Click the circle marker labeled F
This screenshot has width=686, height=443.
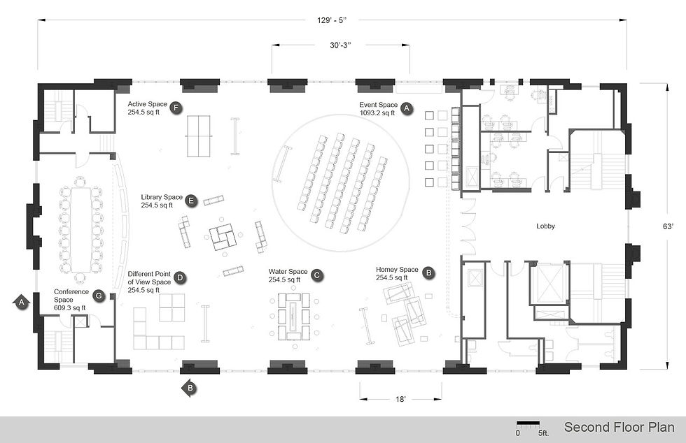176,108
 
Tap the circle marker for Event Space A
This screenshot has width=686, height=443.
407,108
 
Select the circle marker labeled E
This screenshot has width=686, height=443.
190,201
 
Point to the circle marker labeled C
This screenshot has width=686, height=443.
317,275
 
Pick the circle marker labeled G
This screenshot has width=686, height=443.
99,296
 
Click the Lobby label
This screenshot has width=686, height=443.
545,226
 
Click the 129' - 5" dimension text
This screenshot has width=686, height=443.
332,20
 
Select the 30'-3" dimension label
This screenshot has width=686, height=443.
340,45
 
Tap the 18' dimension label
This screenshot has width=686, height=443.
400,399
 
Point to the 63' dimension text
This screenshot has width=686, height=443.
668,226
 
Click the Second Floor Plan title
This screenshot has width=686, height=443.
619,427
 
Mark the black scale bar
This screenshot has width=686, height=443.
528,423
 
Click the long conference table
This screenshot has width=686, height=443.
80,230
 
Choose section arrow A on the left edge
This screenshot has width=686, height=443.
21,302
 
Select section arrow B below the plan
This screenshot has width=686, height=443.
189,388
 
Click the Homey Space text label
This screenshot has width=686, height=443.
397,270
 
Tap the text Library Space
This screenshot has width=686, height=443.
162,197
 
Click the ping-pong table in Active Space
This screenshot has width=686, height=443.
199,136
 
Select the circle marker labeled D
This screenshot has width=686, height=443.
180,278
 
